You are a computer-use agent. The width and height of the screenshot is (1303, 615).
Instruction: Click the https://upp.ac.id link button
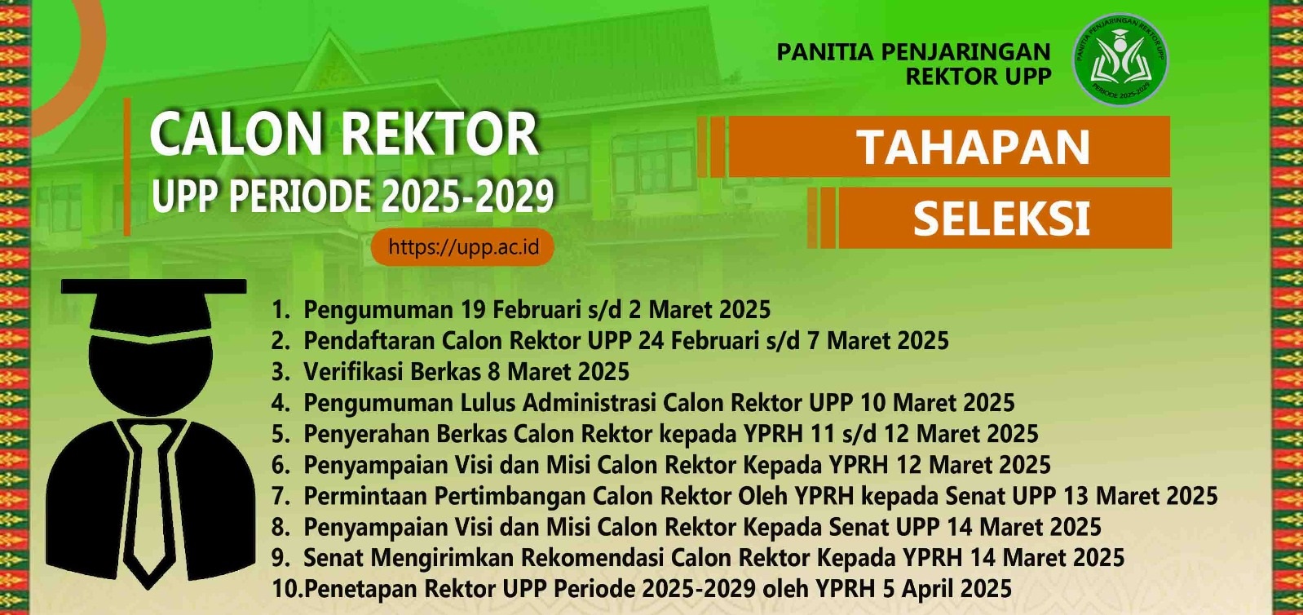pyautogui.click(x=462, y=247)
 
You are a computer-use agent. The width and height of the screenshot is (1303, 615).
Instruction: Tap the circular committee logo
pyautogui.click(x=1120, y=59)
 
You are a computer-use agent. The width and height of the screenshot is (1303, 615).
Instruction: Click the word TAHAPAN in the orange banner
pyautogui.click(x=974, y=147)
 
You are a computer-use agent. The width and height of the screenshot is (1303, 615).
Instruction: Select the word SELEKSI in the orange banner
pyautogui.click(x=1001, y=219)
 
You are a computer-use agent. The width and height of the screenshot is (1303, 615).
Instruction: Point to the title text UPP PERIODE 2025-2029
pyautogui.click(x=352, y=196)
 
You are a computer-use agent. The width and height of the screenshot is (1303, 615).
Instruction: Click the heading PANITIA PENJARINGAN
pyautogui.click(x=913, y=51)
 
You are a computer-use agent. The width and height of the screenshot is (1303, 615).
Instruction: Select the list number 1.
pyautogui.click(x=280, y=309)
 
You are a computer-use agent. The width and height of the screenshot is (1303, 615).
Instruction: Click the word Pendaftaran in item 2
pyautogui.click(x=369, y=340)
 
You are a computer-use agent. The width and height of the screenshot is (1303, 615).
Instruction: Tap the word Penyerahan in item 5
pyautogui.click(x=366, y=434)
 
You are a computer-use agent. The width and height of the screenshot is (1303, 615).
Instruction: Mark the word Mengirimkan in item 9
pyautogui.click(x=442, y=559)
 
